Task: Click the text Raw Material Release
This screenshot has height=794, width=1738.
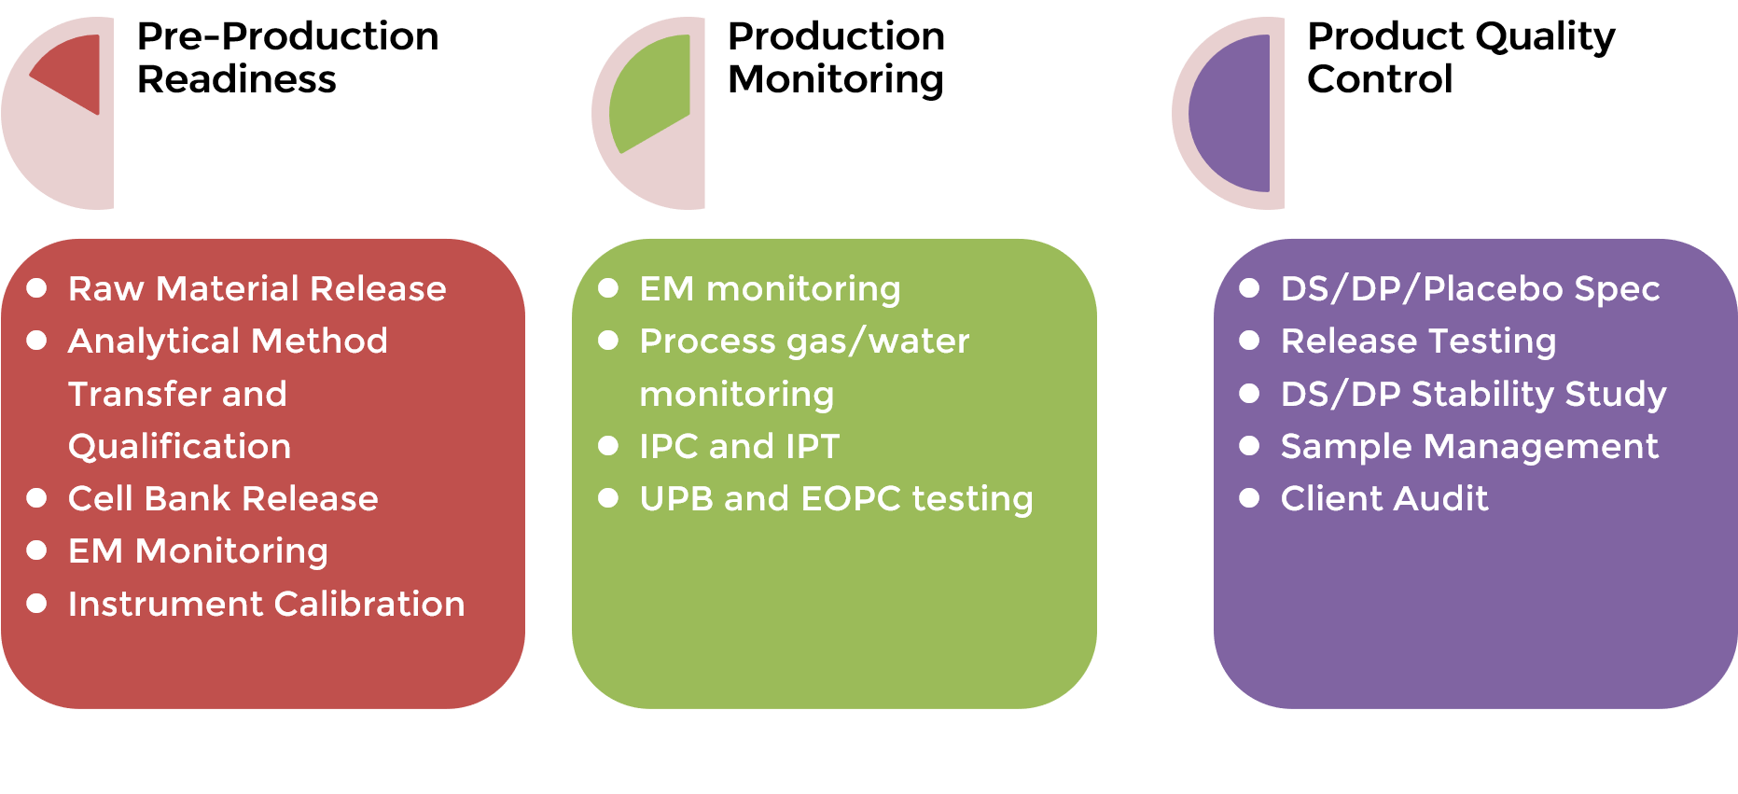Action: pos(257,289)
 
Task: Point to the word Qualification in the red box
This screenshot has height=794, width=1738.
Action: pos(179,447)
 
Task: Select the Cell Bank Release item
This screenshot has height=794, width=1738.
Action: pos(223,499)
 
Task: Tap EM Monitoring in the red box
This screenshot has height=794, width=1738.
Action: pos(198,551)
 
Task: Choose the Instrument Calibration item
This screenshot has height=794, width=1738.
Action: pos(266,605)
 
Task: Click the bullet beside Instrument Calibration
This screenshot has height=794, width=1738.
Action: pos(37,604)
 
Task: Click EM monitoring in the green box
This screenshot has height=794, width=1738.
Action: pos(770,289)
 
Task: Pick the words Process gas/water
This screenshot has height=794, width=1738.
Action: pos(804,341)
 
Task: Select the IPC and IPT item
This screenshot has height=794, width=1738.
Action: pos(739,447)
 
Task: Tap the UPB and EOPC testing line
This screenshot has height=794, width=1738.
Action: pos(836,499)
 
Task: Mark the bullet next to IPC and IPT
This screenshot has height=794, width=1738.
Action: pos(608,446)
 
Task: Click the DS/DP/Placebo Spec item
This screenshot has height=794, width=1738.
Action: pos(1470,289)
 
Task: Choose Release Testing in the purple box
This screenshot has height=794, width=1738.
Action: pos(1418,341)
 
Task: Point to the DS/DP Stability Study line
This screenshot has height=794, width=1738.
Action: pos(1473,394)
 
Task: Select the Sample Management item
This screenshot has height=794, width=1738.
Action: pos(1469,447)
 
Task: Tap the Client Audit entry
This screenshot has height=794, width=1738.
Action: pos(1384,499)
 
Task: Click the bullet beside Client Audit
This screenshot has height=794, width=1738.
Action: pos(1249,498)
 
